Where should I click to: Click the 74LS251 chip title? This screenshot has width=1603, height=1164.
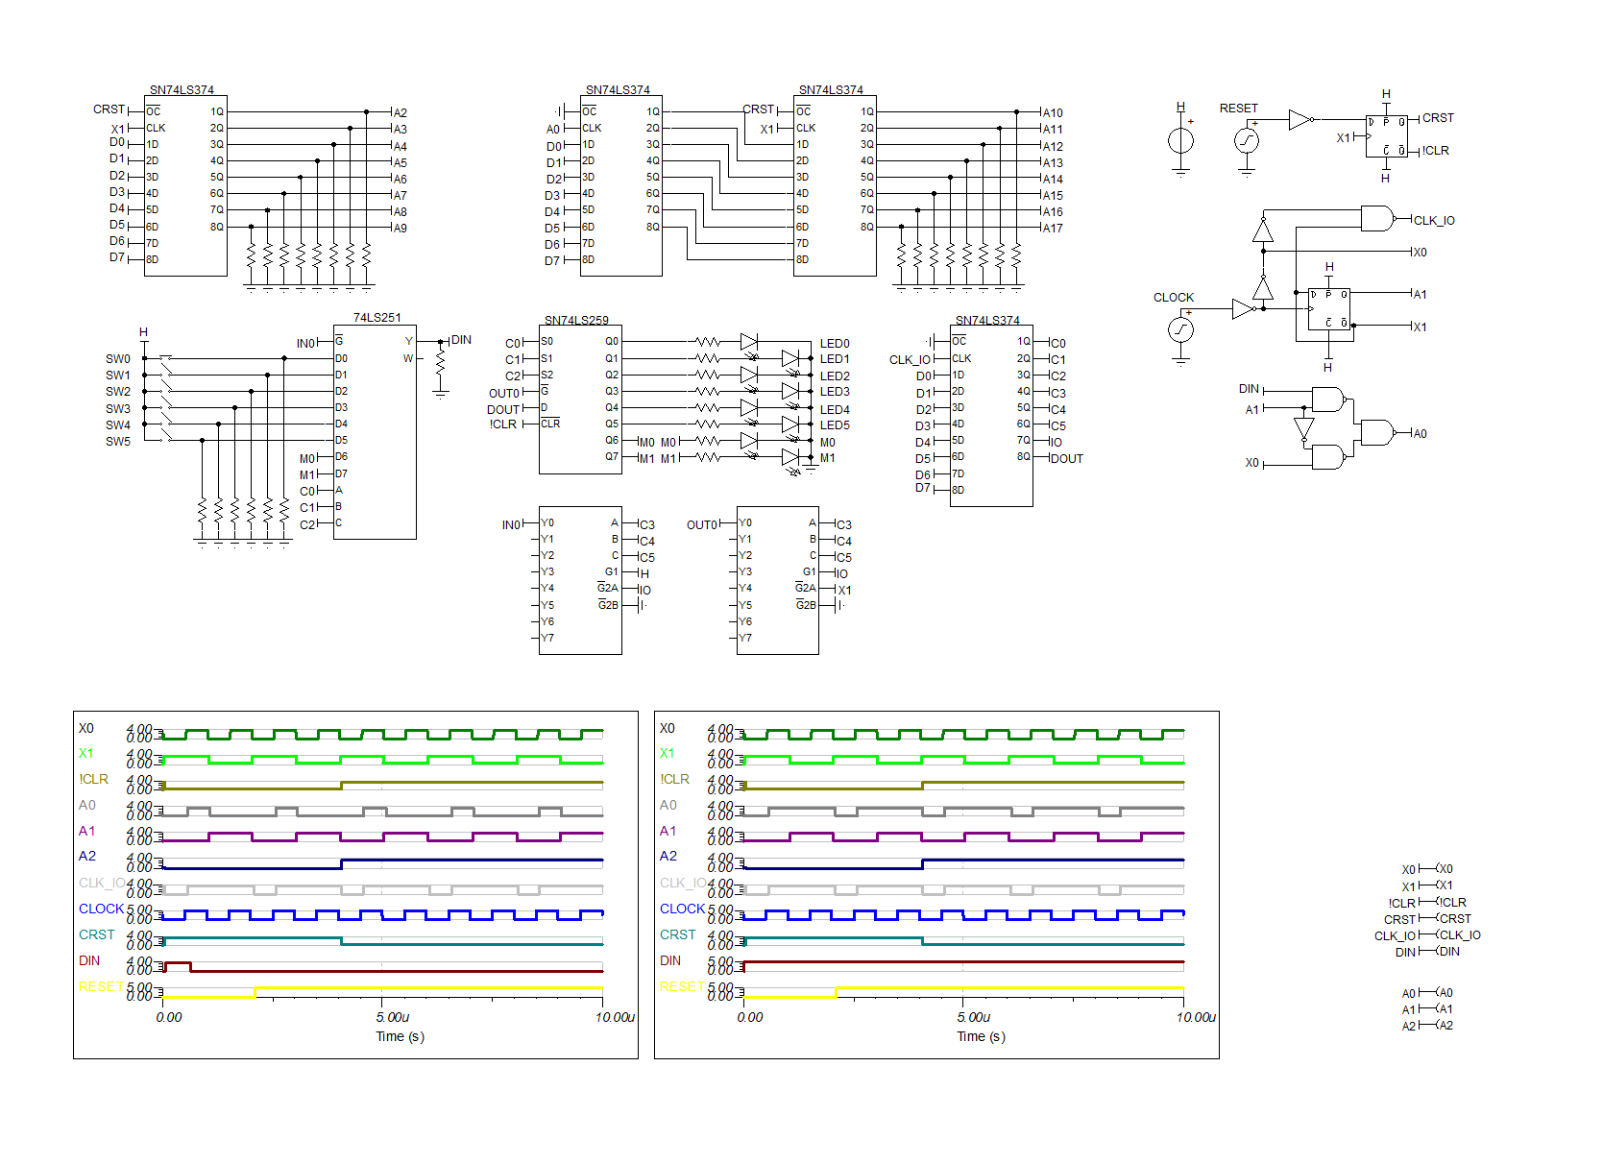click(376, 317)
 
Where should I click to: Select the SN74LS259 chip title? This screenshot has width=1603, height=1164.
click(576, 320)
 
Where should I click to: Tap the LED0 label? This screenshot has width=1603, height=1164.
click(834, 343)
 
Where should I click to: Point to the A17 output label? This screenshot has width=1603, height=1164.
click(1053, 229)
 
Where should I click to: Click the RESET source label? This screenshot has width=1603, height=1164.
click(1238, 109)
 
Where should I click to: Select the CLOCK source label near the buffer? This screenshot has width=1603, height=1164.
click(1173, 298)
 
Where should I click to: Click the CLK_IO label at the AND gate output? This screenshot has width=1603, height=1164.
click(1434, 221)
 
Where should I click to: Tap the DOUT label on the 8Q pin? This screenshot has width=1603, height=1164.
click(1067, 459)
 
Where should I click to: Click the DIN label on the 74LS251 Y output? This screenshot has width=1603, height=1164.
click(461, 340)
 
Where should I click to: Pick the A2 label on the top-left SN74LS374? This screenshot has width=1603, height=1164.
click(400, 112)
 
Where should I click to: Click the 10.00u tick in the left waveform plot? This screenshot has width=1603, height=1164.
click(615, 1017)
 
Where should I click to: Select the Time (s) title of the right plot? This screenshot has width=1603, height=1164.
click(981, 1036)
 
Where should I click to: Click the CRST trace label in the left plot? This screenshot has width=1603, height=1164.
click(96, 934)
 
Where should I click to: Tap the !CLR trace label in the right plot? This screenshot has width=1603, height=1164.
click(674, 779)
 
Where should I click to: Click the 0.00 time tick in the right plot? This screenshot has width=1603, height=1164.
click(750, 1017)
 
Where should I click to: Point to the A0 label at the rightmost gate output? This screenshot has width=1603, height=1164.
click(1420, 434)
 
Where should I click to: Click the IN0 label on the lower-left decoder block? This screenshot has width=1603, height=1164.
click(511, 524)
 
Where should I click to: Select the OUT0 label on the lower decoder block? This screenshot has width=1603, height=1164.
click(701, 524)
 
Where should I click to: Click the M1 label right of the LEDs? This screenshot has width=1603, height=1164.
click(827, 458)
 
